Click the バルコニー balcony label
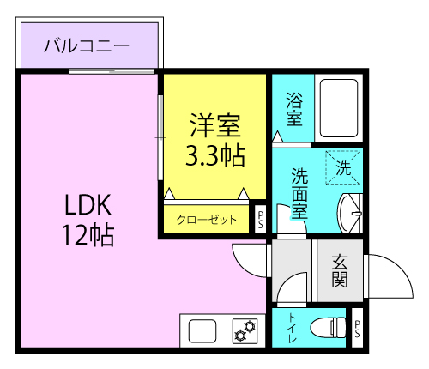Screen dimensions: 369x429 pos(88,45)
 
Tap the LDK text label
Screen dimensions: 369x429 pos(87,206)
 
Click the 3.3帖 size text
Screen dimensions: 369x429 pos(214,156)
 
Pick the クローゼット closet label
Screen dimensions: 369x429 pos(207,220)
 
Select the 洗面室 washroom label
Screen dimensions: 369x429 pos(300,194)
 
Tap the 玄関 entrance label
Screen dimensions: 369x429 pos(340,269)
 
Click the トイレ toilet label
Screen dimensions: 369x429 pos(293,328)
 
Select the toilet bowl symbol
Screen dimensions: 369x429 pos(325,328)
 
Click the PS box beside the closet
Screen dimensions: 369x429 pos(260,219)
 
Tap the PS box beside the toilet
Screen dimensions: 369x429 pos(357,328)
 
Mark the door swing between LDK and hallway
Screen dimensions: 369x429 pos(250,262)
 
